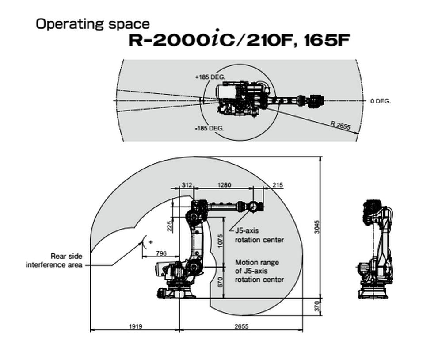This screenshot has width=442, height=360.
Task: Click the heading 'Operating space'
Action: [x=92, y=24]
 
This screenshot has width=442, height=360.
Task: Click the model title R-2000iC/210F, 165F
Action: [x=239, y=41]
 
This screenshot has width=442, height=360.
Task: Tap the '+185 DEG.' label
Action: [x=210, y=77]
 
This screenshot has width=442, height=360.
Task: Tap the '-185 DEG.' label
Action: [x=210, y=128]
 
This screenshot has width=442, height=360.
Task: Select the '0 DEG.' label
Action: [x=381, y=101]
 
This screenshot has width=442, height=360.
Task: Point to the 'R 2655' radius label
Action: [x=340, y=125]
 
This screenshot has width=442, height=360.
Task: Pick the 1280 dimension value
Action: [x=225, y=185]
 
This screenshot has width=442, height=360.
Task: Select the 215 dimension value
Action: [x=278, y=185]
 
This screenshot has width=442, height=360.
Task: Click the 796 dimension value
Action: [x=161, y=254]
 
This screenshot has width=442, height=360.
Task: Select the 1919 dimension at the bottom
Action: [x=135, y=327]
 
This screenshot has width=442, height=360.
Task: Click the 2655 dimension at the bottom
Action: [x=241, y=327]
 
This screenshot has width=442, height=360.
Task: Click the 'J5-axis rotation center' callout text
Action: [x=259, y=235]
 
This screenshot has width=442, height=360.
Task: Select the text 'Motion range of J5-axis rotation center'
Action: [x=259, y=271]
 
